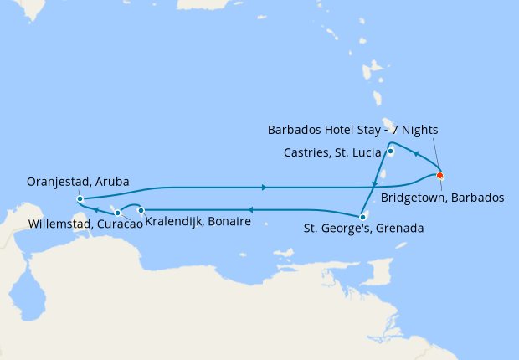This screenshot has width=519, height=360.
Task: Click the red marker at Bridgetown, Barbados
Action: click(440, 175)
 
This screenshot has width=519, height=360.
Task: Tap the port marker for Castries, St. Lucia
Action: click(391, 152)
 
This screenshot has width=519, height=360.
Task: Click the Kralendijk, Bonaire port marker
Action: click(141, 209)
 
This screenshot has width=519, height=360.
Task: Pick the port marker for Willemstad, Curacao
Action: click(117, 213)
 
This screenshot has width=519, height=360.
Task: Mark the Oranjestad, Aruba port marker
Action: click(80, 198)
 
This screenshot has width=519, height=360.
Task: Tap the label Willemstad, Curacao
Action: click(78, 224)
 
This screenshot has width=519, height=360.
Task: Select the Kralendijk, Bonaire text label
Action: click(198, 222)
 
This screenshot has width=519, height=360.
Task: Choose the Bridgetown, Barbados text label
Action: click(442, 198)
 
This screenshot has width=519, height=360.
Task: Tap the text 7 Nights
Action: click(413, 130)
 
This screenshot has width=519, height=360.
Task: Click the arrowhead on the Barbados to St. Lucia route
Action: click(416, 153)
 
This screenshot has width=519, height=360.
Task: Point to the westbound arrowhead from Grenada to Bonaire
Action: click(249, 210)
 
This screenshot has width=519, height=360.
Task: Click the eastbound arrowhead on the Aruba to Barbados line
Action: click(265, 187)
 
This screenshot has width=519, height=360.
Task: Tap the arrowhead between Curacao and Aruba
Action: click(97, 210)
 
